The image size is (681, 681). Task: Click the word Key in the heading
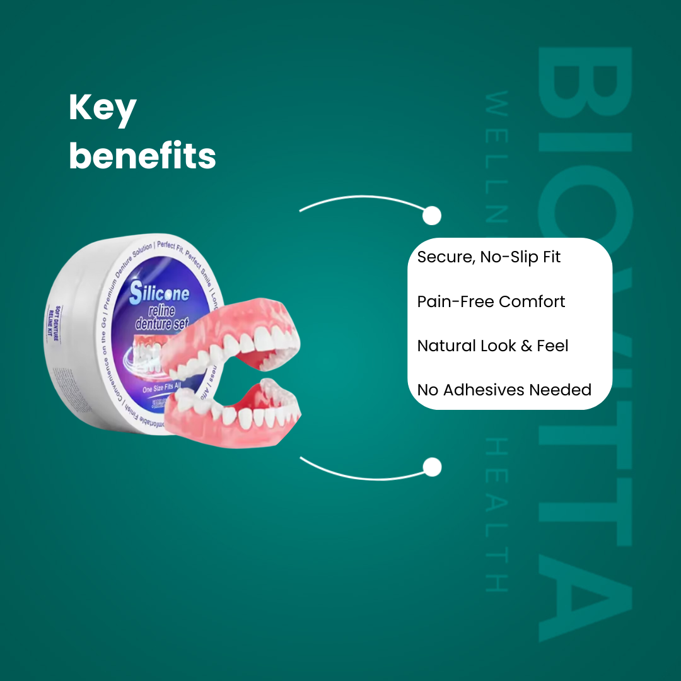click(x=103, y=109)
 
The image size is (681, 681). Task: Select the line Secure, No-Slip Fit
click(x=489, y=257)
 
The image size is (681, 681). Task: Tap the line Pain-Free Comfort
click(x=491, y=301)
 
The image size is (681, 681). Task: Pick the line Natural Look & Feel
click(x=492, y=346)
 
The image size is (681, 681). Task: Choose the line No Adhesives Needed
click(x=504, y=390)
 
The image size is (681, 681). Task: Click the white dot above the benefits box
click(x=432, y=216)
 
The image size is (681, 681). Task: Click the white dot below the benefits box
click(x=432, y=467)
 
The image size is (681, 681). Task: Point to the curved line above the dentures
click(x=359, y=200)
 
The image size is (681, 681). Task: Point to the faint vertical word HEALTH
click(x=498, y=514)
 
